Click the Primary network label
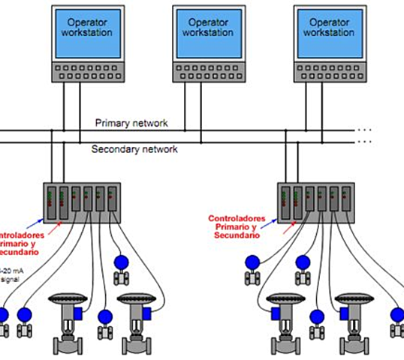(131, 123)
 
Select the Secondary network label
(134, 149)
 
